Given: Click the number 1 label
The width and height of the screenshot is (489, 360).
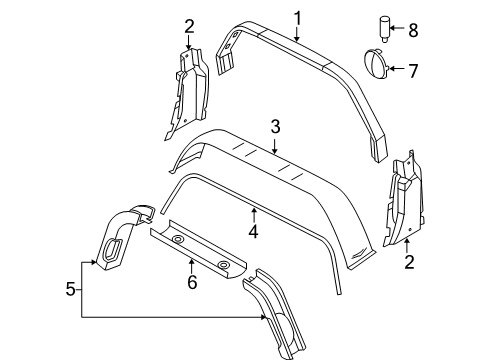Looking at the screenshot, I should click(x=297, y=17).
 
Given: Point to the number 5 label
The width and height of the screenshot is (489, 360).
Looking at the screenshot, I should click(x=69, y=290).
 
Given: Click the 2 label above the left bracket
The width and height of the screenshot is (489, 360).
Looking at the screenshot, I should click(x=188, y=26).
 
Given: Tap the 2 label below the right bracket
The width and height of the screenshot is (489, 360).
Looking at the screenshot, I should click(x=407, y=263).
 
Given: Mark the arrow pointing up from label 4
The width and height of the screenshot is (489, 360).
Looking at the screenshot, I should click(x=255, y=212).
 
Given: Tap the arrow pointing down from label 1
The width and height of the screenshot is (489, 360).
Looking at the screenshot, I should click(x=297, y=40).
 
